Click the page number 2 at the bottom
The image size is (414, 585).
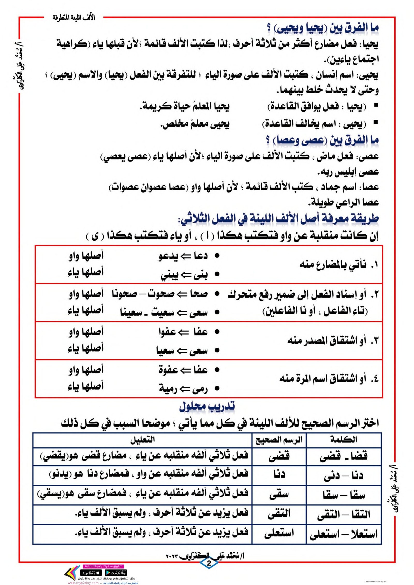[x=209, y=563]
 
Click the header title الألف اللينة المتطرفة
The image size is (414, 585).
[x=74, y=18]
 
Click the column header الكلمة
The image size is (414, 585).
[x=343, y=439]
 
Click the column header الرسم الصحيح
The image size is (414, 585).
[x=279, y=439]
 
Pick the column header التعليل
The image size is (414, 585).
[x=142, y=439]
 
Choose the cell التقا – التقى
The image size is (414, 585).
[x=343, y=514]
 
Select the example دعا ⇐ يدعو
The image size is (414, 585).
[x=183, y=256]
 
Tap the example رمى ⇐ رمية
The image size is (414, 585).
[x=183, y=389]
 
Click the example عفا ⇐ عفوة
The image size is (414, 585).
[x=183, y=370]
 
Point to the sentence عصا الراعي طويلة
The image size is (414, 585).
[x=343, y=202]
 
